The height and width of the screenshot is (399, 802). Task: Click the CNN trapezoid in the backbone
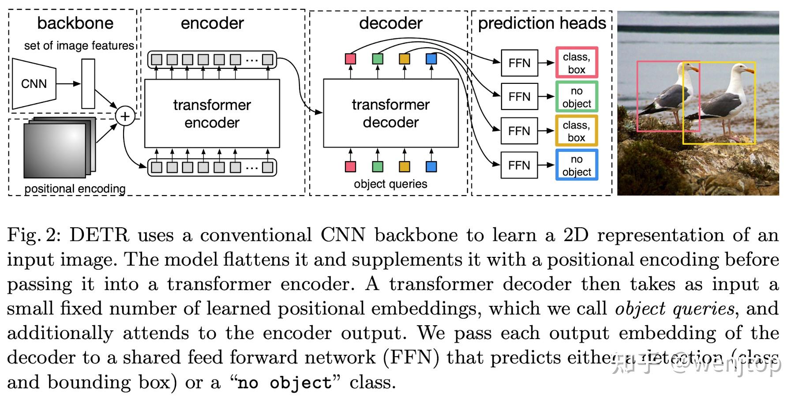coord(34,83)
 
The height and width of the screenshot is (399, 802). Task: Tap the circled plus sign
coord(125,116)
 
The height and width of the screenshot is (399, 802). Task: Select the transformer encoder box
coord(212,113)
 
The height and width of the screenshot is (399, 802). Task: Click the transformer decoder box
coord(390,113)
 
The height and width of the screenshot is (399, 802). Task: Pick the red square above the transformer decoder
coord(350,59)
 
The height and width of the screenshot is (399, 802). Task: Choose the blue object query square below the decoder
coord(431,166)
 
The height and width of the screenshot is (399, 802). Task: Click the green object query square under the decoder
coord(378,166)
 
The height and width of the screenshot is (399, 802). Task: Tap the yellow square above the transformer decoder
coord(404,59)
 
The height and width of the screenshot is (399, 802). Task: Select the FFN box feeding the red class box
coord(519,63)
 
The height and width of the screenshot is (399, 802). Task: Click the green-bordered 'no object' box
coord(576,97)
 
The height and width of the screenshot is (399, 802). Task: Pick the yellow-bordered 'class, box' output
coord(576,131)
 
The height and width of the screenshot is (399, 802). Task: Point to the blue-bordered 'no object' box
coord(576,165)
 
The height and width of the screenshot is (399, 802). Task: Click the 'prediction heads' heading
coord(542,23)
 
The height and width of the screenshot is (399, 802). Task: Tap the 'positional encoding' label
coord(75,189)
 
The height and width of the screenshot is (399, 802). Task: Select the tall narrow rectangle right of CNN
coord(88,84)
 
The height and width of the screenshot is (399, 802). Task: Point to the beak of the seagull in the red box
coord(695,69)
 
